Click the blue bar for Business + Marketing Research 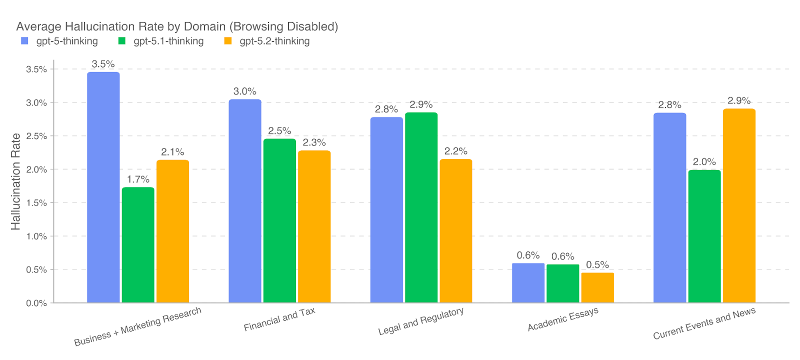103,187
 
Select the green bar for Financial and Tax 279,220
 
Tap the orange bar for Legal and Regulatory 455,230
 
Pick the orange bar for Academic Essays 597,287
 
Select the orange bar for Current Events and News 739,205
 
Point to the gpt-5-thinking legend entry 60,41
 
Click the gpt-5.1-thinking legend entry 161,41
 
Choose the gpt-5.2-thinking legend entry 267,41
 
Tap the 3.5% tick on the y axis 36,69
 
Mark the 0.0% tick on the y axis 36,303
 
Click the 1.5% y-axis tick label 36,203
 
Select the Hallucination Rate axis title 16,181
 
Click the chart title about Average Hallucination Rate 177,26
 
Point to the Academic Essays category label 563,319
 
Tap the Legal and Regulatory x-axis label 421,321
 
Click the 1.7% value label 138,179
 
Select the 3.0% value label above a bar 244,91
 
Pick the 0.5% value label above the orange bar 597,265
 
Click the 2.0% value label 704,162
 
